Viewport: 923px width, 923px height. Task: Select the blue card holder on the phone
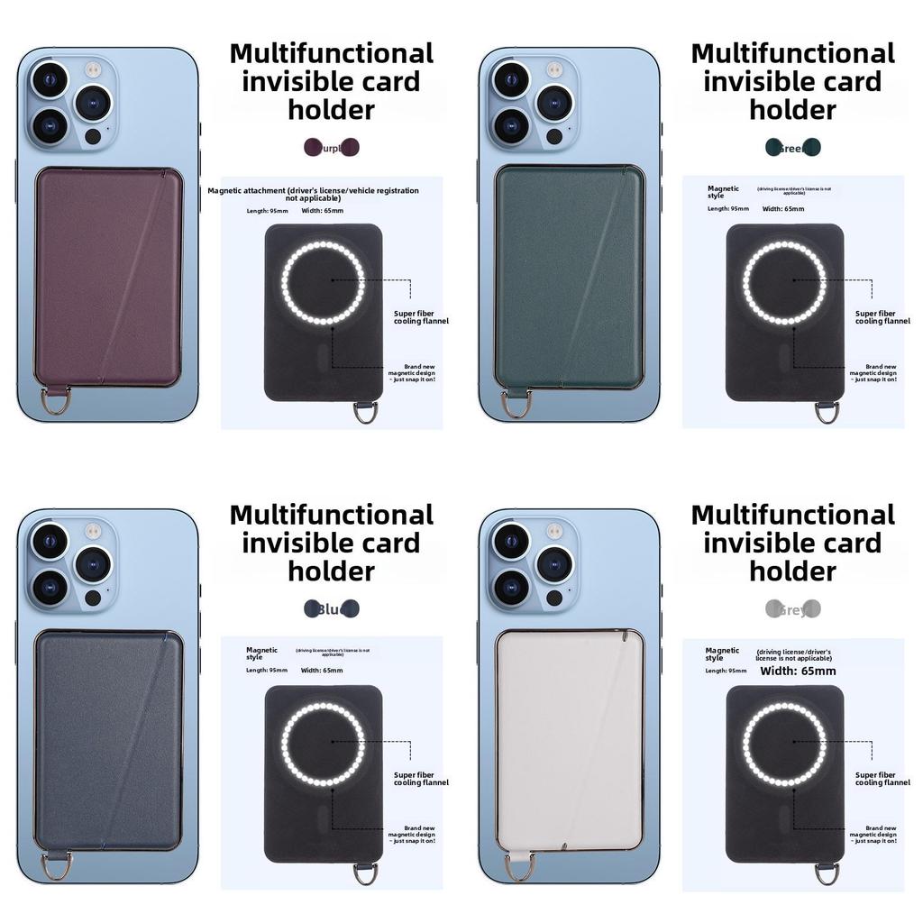click(109, 739)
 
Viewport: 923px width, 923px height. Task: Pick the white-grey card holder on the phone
click(570, 739)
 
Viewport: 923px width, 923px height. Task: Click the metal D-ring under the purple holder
click(55, 402)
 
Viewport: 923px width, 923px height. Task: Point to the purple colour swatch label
click(332, 147)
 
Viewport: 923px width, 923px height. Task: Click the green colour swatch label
click(793, 147)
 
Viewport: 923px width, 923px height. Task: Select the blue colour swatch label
click(332, 609)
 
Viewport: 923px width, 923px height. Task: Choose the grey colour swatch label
click(793, 609)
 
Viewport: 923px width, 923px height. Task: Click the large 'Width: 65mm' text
click(798, 671)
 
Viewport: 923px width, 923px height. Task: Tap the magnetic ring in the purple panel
click(324, 281)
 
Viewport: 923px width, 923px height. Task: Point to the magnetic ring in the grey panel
click(786, 743)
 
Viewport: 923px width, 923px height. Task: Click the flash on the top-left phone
click(92, 69)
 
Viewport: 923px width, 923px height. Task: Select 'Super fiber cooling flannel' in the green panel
click(882, 317)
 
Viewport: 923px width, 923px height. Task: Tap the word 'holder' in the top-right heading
click(792, 110)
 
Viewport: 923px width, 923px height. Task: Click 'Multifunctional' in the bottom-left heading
click(331, 515)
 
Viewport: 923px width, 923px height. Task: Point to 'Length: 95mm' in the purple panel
click(267, 211)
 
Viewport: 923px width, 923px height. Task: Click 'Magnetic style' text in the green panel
click(723, 192)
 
